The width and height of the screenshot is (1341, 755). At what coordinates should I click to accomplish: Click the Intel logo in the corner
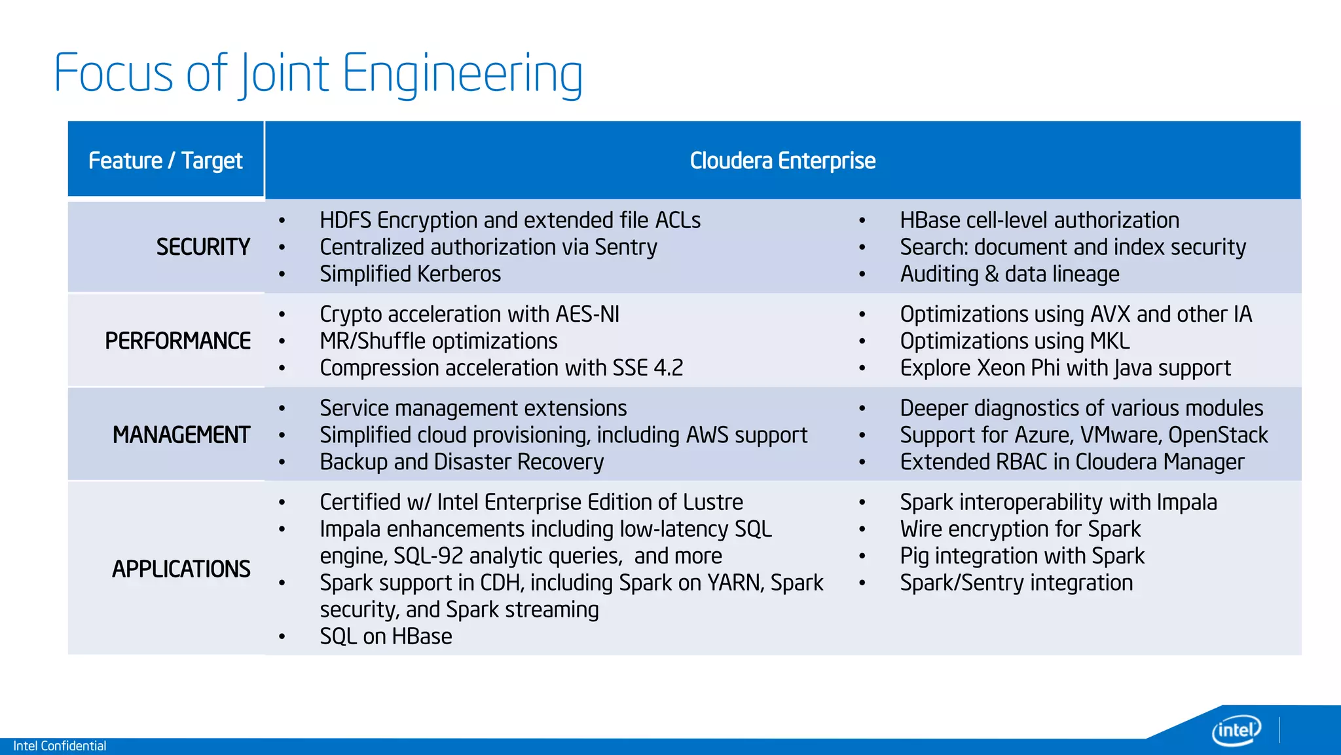[x=1236, y=730]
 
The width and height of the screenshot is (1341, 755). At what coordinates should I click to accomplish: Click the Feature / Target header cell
[x=166, y=161]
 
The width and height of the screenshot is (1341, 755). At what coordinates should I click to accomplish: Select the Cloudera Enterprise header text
[x=782, y=161]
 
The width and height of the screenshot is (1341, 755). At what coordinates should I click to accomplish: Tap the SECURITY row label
[x=203, y=247]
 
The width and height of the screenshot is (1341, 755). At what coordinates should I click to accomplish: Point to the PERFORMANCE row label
[x=178, y=341]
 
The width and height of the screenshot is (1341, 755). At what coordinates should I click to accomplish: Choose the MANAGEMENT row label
[x=181, y=435]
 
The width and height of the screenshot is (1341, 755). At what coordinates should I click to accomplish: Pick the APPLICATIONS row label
[x=181, y=569]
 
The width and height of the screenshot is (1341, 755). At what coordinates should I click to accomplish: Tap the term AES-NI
[x=587, y=315]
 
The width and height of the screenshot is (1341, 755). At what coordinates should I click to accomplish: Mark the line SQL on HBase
[x=386, y=636]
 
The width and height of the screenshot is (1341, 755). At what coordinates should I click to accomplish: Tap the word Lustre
[x=712, y=502]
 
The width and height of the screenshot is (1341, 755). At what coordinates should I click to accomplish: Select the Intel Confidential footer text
[x=60, y=746]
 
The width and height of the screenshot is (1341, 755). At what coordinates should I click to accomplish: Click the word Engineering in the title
[x=462, y=73]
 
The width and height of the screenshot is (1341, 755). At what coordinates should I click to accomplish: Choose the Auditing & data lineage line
[x=1010, y=274]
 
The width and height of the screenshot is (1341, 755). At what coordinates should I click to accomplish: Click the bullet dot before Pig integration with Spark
[x=862, y=556]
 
